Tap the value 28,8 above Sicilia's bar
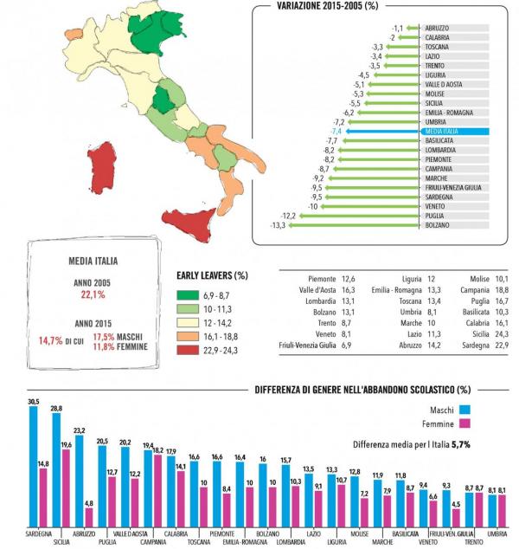56,407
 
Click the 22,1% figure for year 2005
93,295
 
